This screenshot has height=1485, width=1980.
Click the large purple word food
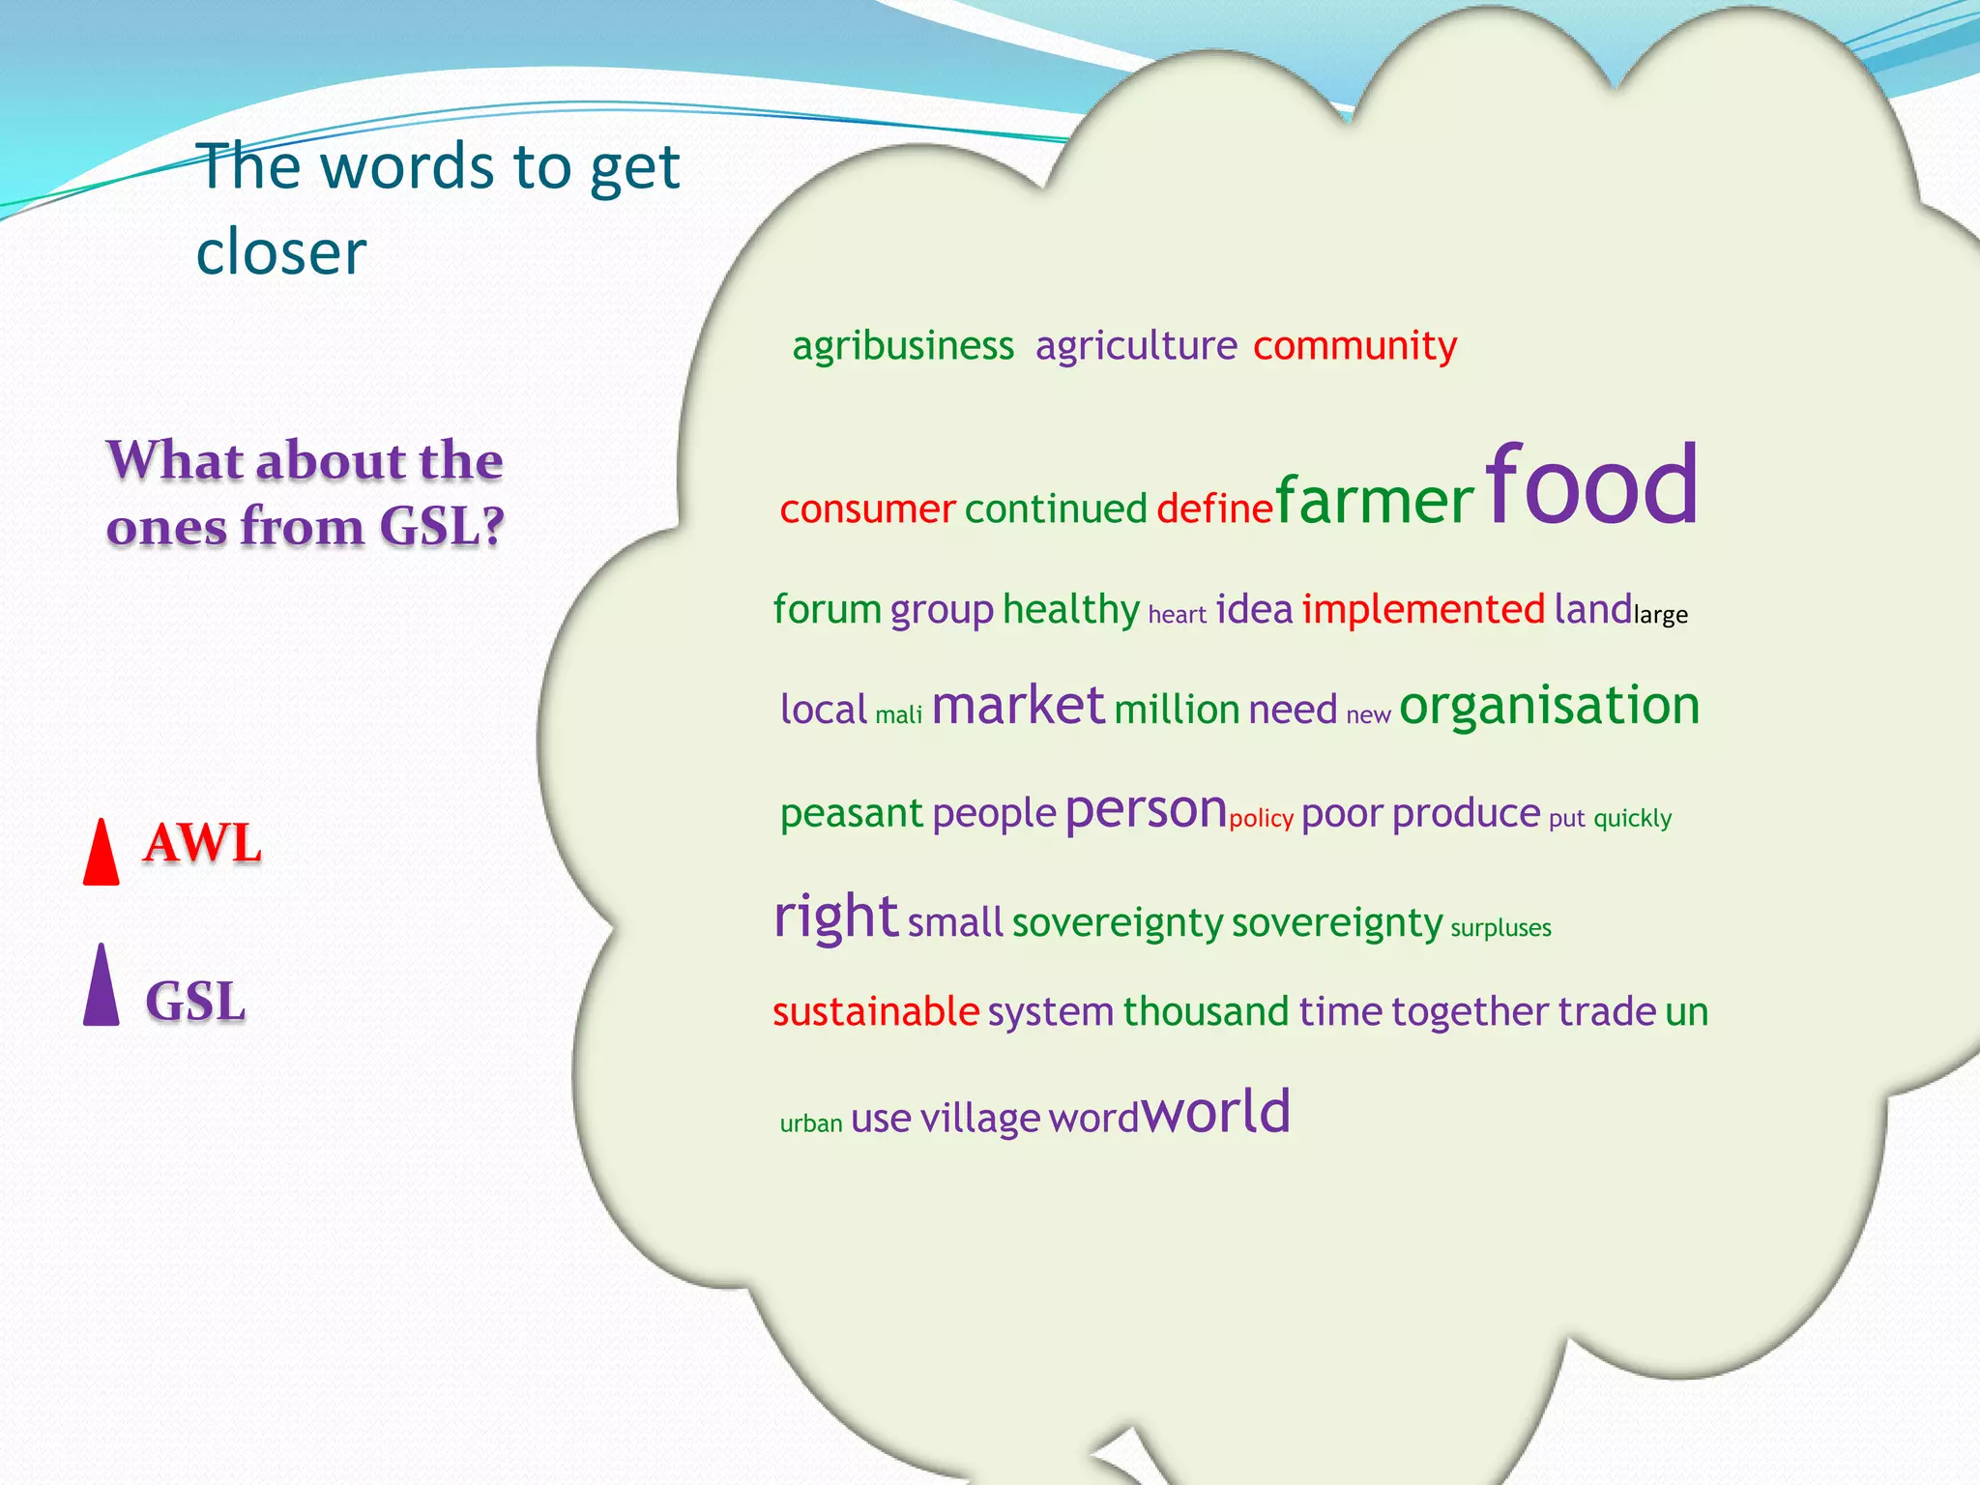point(1591,485)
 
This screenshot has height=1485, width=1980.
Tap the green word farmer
point(1374,503)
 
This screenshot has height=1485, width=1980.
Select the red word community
point(1354,346)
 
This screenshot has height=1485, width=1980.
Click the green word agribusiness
point(903,346)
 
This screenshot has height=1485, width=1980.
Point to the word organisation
point(1549,706)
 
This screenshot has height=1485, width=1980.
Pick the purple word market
point(1017,706)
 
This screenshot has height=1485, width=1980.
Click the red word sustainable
point(876,1012)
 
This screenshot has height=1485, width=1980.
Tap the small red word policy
point(1261,819)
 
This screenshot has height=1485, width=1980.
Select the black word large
point(1660,615)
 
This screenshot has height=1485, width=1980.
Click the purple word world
point(1216,1112)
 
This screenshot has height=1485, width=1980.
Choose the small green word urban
point(811,1123)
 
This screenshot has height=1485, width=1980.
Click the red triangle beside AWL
point(102,855)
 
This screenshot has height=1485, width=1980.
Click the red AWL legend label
point(202,843)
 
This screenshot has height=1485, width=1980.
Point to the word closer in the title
point(281,252)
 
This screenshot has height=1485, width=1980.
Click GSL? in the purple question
point(442,527)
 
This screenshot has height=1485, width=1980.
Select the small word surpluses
point(1500,928)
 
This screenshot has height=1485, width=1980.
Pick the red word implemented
point(1423,610)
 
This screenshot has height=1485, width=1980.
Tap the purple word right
point(836,917)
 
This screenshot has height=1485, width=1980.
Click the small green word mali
point(899,715)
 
